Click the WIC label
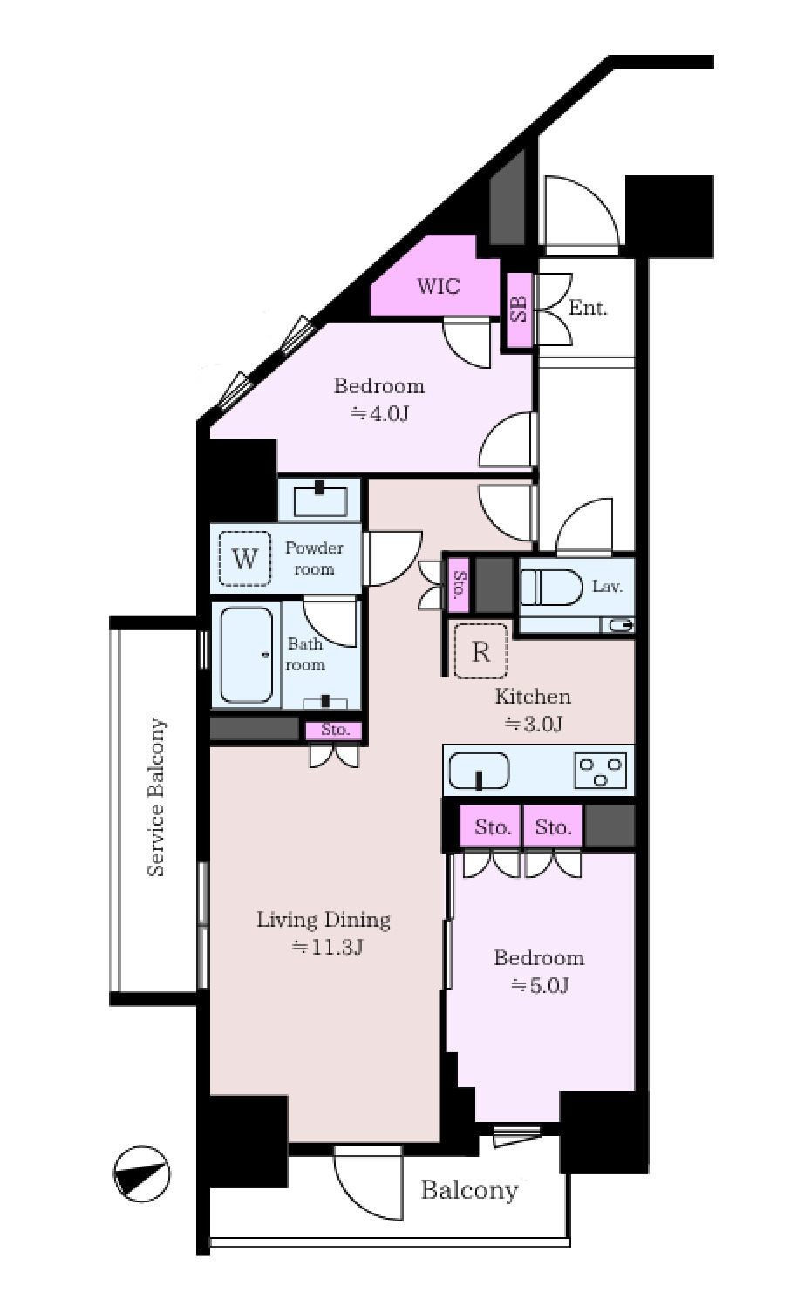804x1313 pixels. [438, 287]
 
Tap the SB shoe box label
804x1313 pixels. [519, 309]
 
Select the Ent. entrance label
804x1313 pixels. [589, 308]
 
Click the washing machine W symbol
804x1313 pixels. [244, 558]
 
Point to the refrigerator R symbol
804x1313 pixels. [480, 650]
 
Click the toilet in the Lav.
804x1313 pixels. [552, 587]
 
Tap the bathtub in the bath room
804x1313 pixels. [246, 655]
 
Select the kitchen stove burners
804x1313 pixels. [601, 770]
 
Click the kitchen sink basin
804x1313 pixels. [479, 771]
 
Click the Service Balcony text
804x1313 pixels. [156, 797]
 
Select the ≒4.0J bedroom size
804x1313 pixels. [379, 414]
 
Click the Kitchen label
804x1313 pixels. [533, 697]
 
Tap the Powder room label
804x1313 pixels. [314, 558]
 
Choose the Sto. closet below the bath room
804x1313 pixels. [335, 730]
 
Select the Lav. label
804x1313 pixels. [607, 586]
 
